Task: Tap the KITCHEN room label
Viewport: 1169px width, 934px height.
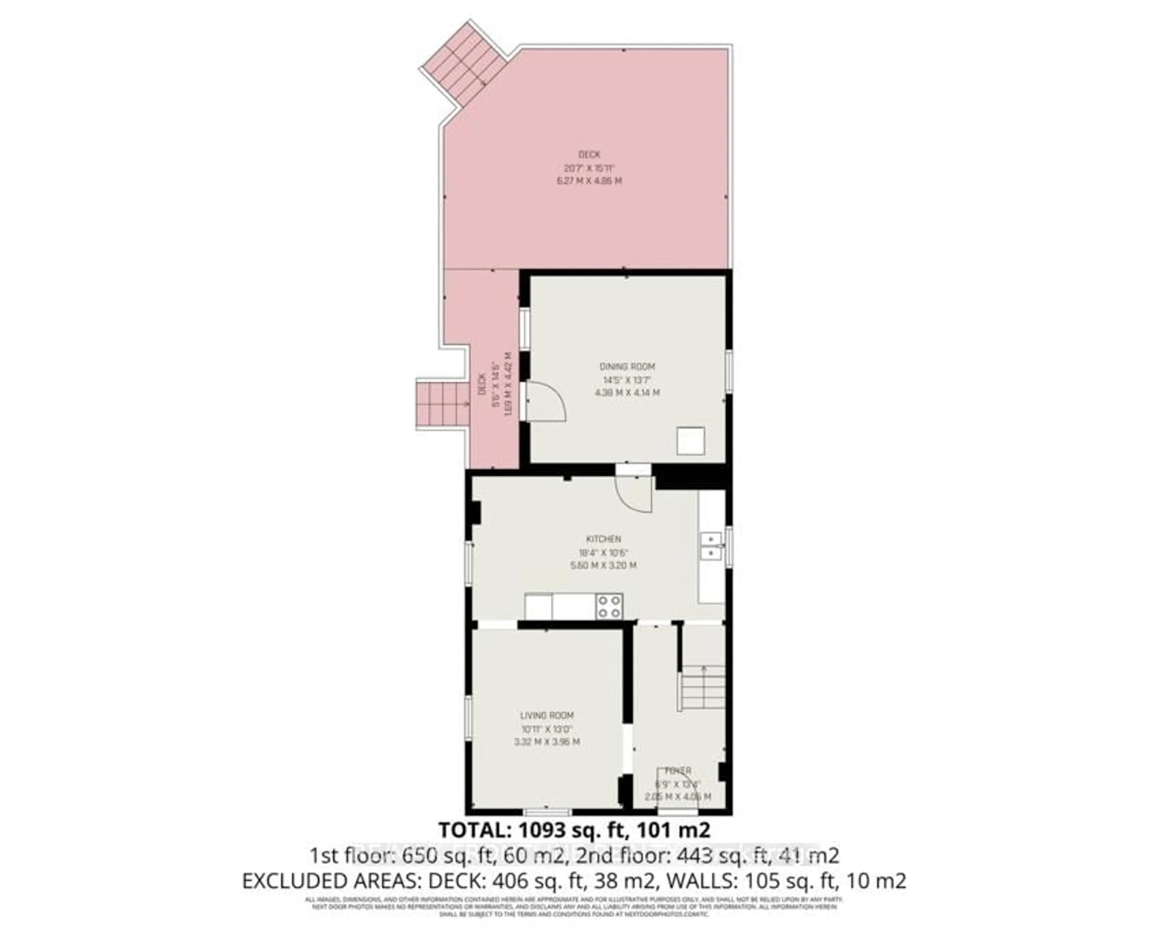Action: pyautogui.click(x=603, y=539)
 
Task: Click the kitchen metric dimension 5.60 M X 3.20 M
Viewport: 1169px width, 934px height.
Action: pyautogui.click(x=603, y=565)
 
